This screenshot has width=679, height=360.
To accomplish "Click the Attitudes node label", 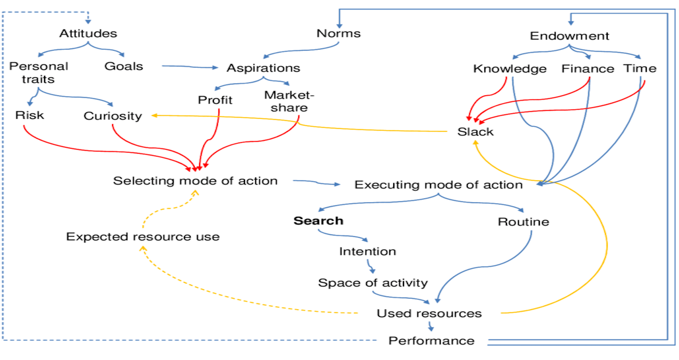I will coord(88,33).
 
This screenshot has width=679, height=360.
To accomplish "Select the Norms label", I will coord(338,33).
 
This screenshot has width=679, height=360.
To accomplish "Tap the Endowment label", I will coord(570,36).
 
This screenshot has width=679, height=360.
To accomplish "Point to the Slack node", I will coord(475,132).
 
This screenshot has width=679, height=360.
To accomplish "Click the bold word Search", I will coord(318,221).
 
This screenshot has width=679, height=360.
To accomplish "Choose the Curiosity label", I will coord(113,116).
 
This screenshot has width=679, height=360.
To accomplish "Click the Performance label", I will coord(431,341).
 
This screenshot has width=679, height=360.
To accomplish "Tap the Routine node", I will coord(523,222).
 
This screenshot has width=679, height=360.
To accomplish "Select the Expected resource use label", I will coord(143,237).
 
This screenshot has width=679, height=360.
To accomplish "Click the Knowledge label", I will coord(510,69).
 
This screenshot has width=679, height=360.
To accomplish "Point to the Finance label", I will coord(588,69).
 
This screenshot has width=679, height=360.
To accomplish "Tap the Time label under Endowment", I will coord(640,68).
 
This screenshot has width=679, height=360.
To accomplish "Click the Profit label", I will coord(215,101).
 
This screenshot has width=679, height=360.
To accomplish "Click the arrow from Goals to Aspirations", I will coord(190,67).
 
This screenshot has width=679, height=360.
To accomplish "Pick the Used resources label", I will coord(429,313).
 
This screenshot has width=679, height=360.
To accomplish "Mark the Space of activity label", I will coord(373,282).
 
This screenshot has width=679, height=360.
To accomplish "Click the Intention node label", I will coord(367,251).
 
